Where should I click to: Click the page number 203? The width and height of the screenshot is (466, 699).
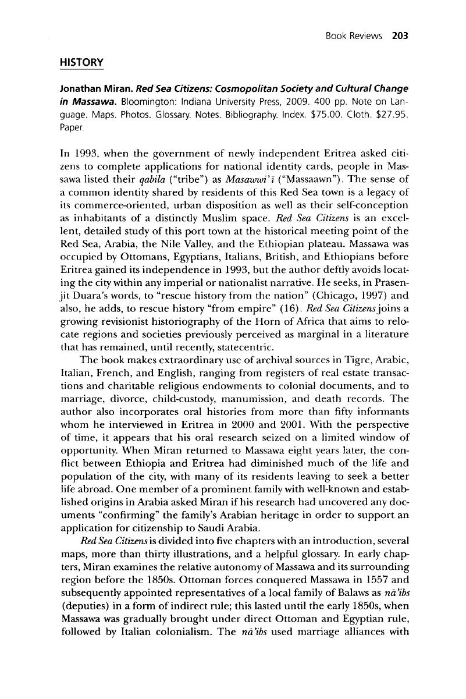point(401,35)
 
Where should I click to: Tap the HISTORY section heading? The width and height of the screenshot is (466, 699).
point(80,62)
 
